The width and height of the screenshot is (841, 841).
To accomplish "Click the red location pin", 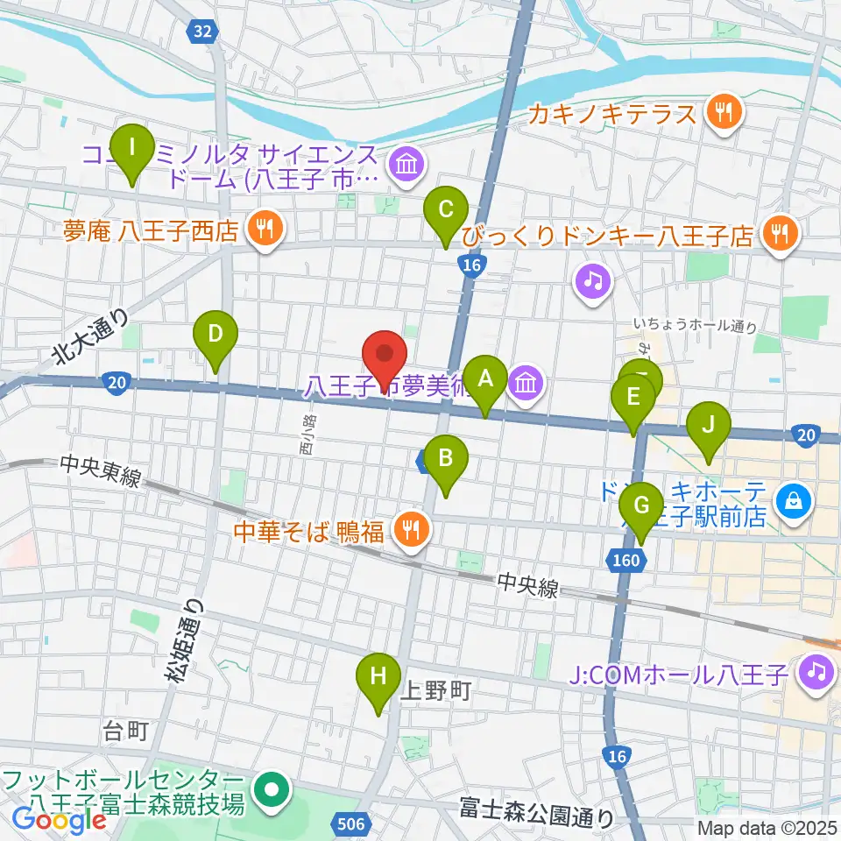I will pyautogui.click(x=385, y=355).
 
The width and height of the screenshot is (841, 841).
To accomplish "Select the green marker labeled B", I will pyautogui.click(x=446, y=459).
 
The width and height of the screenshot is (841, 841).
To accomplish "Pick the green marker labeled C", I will pyautogui.click(x=445, y=211).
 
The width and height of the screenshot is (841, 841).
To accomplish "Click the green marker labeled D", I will pyautogui.click(x=216, y=336).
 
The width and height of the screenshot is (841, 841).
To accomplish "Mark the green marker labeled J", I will pyautogui.click(x=709, y=426).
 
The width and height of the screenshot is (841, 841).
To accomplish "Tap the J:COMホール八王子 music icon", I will pyautogui.click(x=816, y=674).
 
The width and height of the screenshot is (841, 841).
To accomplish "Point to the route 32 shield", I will pyautogui.click(x=202, y=32).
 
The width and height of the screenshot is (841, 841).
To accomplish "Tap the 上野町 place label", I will pyautogui.click(x=435, y=691).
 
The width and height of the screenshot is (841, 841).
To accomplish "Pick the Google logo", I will pyautogui.click(x=59, y=820).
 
